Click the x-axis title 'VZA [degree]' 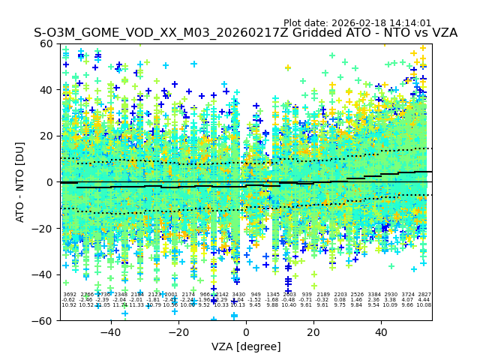[246, 346]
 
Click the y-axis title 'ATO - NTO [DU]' [20, 181]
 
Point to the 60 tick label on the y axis [46, 43]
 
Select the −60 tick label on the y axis [43, 320]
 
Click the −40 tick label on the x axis [110, 332]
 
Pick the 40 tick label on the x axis [381, 332]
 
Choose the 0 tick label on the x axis [246, 332]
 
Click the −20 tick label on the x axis [178, 332]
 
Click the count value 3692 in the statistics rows [70, 295]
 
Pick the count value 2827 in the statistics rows [424, 295]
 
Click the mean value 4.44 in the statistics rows [424, 300]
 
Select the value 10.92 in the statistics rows [69, 305]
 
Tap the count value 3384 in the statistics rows [373, 295]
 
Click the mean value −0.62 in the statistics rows [69, 300]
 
